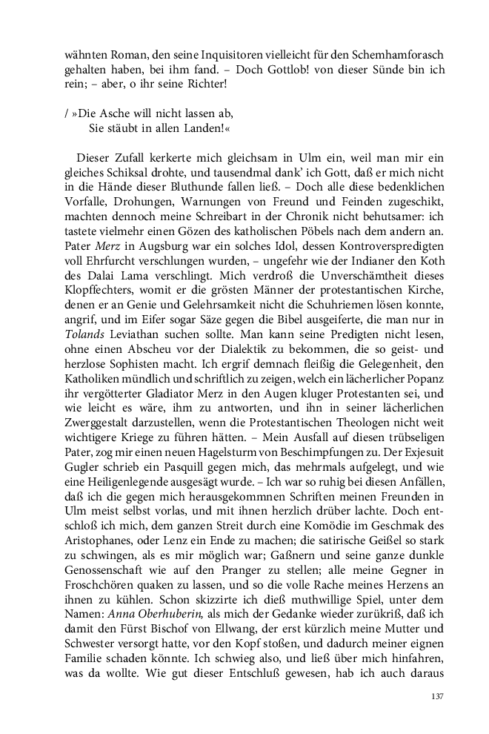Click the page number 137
[437, 697]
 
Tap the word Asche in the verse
[106, 113]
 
